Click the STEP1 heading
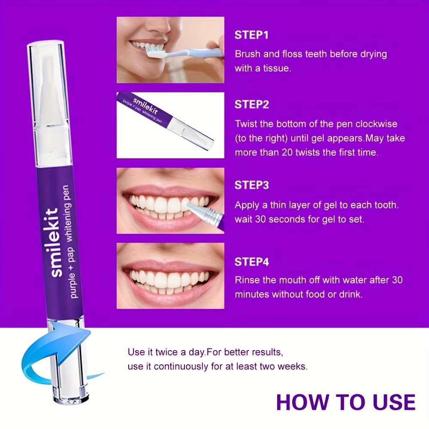pyautogui.click(x=251, y=35)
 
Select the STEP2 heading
pyautogui.click(x=251, y=105)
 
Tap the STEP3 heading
pyautogui.click(x=251, y=185)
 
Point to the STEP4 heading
pyautogui.click(x=251, y=262)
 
